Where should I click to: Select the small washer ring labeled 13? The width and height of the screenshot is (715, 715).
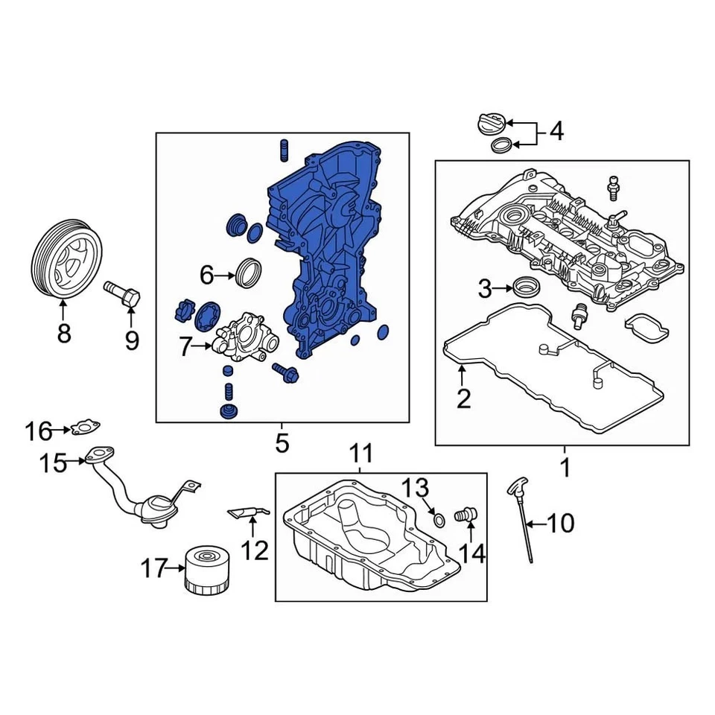point(439,518)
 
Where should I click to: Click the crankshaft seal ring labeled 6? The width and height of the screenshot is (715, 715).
point(249,271)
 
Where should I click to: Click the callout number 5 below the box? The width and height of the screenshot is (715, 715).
point(281,444)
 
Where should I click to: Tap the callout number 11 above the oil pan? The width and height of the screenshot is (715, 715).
point(360,452)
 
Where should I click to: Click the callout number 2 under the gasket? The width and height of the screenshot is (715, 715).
point(463,399)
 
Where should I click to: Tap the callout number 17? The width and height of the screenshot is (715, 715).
point(155,571)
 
